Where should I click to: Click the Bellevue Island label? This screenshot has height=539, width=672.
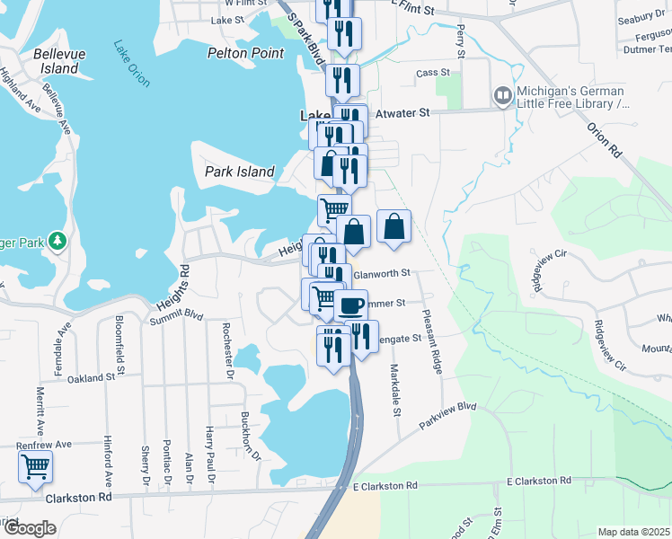[59, 61]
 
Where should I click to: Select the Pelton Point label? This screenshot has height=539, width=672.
[245, 53]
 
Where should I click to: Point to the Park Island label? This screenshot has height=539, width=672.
[239, 172]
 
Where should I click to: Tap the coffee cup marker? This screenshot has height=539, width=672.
[351, 304]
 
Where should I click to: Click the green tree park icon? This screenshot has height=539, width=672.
[57, 241]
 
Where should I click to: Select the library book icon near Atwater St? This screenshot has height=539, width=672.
[501, 94]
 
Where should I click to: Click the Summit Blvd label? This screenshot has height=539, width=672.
[176, 315]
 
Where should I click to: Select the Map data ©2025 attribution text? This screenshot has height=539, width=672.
[633, 532]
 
